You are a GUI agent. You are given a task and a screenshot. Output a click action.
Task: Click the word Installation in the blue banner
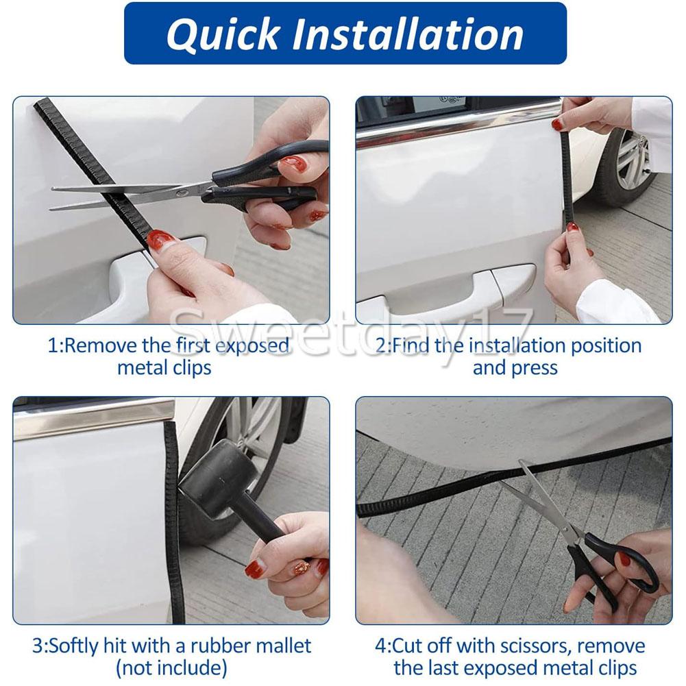[x=408, y=34]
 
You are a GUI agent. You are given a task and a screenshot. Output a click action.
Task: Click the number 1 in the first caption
[x=53, y=346]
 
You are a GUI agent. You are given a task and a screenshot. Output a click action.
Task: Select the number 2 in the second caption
[x=382, y=346]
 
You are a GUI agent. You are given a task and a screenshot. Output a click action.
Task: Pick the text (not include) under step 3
[x=171, y=668]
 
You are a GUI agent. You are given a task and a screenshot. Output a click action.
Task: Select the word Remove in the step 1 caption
[x=100, y=346]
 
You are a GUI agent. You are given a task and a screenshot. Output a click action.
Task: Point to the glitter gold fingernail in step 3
[x=302, y=568]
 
